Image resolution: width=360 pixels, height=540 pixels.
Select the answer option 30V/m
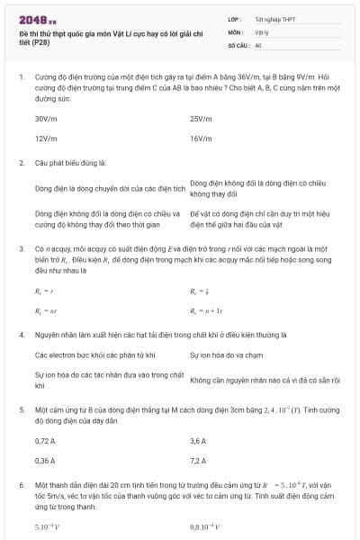(x=47, y=118)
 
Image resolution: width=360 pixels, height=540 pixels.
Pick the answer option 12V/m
(x=47, y=139)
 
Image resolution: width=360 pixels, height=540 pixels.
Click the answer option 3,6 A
(x=198, y=441)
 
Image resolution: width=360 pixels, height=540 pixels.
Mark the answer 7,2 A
(x=198, y=461)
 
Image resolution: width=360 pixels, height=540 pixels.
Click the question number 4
(x=21, y=334)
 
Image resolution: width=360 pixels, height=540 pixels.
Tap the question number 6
(x=21, y=485)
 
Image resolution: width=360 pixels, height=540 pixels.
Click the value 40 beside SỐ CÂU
(x=258, y=43)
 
